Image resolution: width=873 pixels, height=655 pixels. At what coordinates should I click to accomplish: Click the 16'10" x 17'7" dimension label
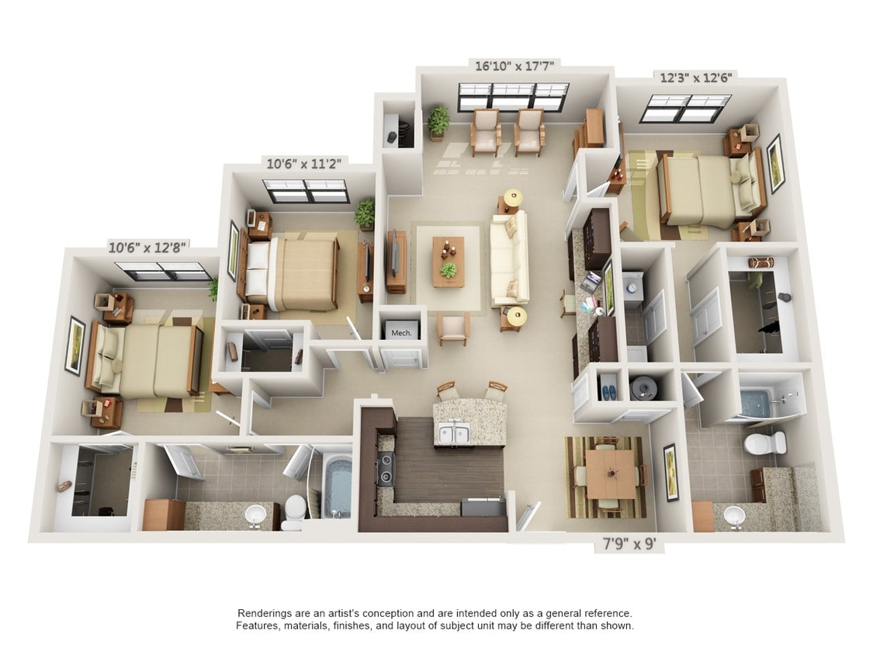[x=514, y=66]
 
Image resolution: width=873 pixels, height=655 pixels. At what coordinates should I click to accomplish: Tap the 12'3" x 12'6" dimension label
[x=695, y=77]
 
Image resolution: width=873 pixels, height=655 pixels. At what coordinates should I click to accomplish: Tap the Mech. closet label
[x=401, y=333]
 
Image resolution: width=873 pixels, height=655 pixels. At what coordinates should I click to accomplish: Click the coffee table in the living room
[x=449, y=262]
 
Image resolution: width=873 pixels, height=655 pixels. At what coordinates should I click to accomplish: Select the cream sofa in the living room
[x=509, y=260]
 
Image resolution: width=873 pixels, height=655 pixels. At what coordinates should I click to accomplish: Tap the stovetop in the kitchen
[x=386, y=469]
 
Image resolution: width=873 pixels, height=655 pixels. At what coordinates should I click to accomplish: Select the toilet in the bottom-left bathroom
[x=293, y=512]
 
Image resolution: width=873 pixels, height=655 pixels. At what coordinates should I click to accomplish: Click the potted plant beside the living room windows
[x=438, y=121]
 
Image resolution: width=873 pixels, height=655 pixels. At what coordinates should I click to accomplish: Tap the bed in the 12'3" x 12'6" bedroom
[x=709, y=190]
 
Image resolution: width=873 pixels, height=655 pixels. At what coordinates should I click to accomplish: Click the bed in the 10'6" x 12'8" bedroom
[x=144, y=360]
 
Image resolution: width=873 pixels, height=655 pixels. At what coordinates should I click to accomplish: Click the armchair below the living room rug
[x=454, y=329]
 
